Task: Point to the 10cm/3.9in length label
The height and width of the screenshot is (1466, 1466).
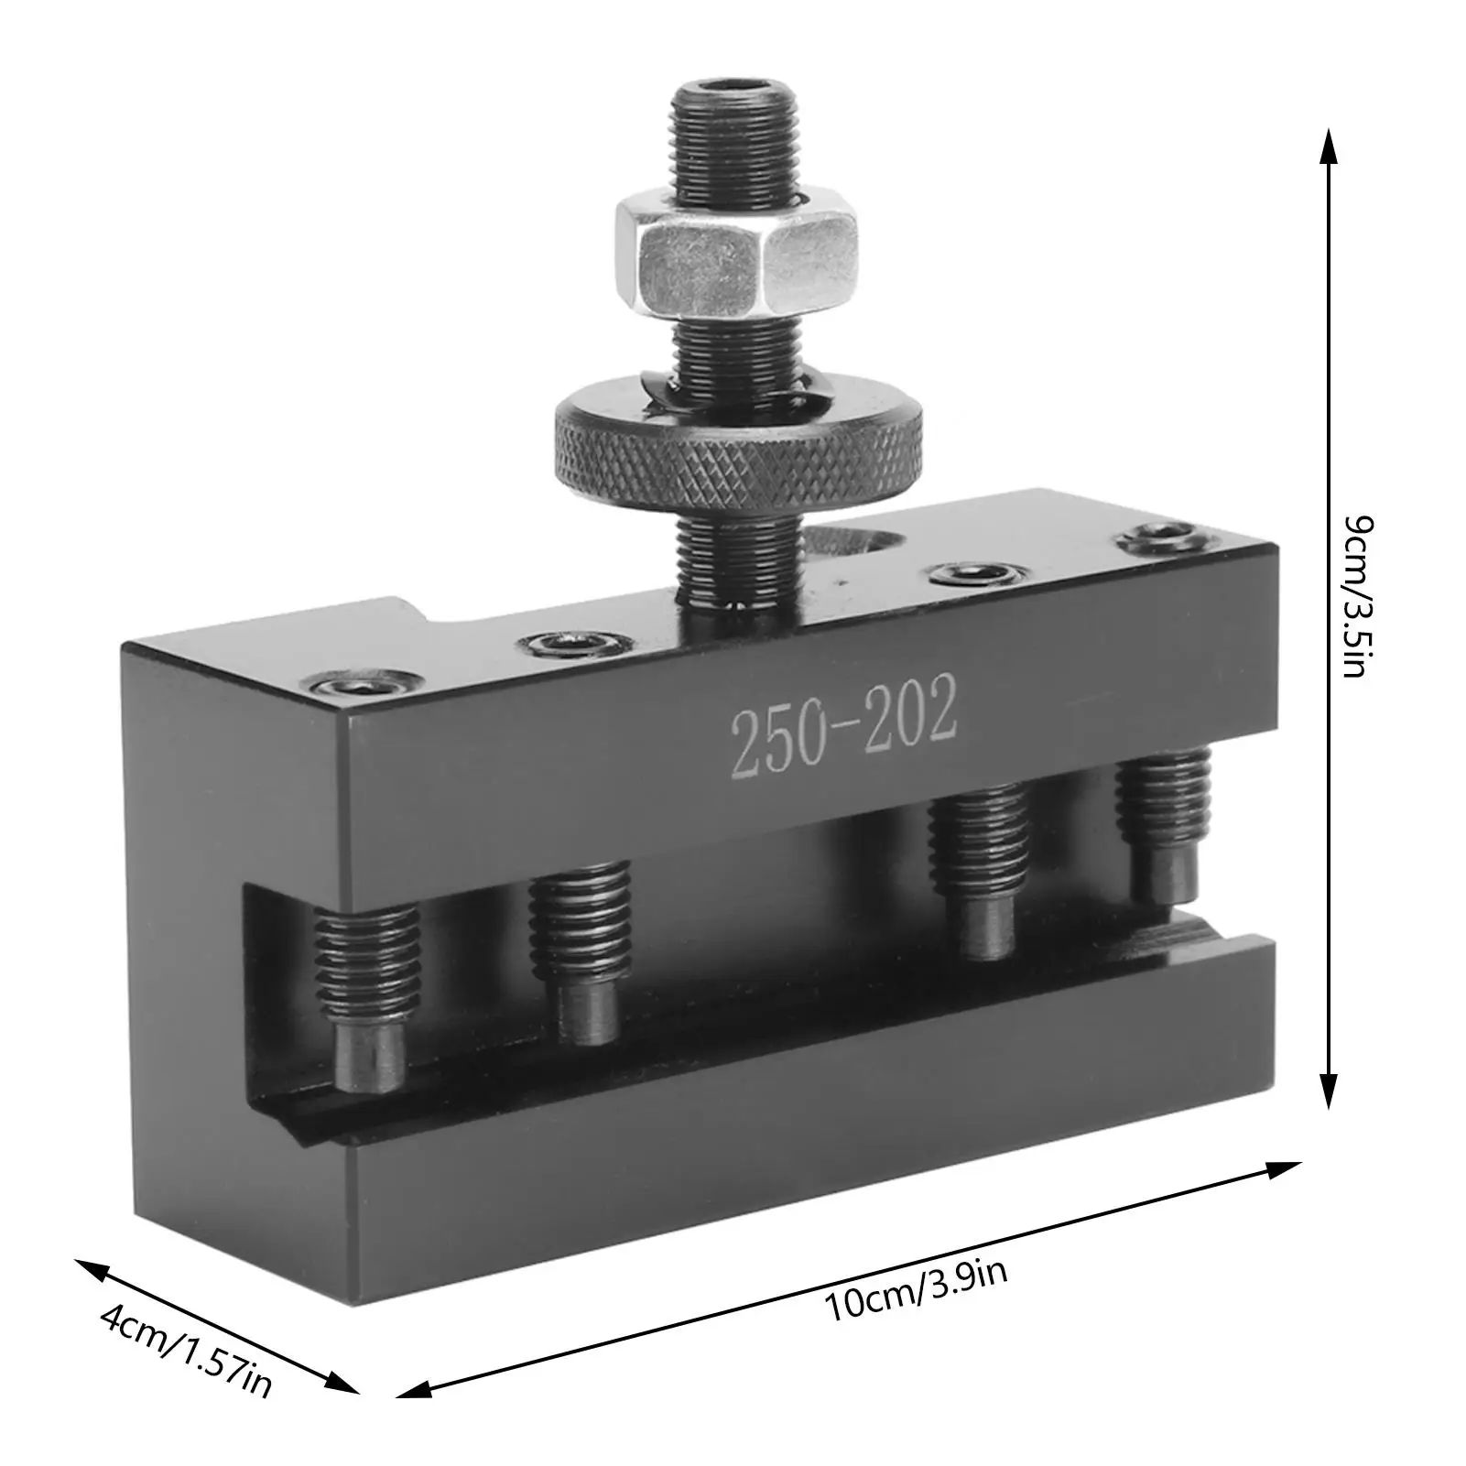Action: tap(917, 1290)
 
